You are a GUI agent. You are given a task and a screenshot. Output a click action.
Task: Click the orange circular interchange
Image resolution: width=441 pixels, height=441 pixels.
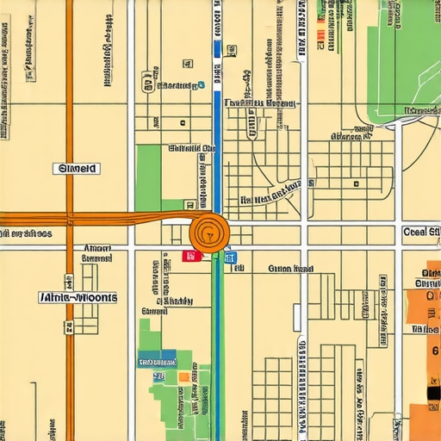tap(208, 232)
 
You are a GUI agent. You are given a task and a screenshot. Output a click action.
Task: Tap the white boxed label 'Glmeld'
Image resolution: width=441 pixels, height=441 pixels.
tap(77, 169)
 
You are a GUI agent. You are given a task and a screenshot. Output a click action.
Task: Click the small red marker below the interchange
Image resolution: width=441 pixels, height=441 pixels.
tap(192, 256)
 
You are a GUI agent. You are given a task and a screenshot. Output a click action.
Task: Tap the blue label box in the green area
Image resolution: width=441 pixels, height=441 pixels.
tap(157, 357)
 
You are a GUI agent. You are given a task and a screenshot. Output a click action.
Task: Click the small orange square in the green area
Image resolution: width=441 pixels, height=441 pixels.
tap(183, 376)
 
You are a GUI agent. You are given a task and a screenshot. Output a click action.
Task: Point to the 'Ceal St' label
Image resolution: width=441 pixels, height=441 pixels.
tap(421, 233)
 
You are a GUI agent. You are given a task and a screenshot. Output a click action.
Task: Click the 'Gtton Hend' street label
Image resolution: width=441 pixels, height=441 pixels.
tap(290, 269)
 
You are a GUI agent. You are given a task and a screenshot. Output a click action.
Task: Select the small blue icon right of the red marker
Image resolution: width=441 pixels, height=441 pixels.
tap(229, 257)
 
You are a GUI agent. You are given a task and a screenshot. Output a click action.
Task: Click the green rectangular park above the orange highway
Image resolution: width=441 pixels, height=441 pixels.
tap(148, 177)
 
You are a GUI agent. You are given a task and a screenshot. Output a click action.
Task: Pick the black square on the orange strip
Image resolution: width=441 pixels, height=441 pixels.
tap(433, 393)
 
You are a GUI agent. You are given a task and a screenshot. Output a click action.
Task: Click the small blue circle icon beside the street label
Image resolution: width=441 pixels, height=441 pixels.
tap(201, 85)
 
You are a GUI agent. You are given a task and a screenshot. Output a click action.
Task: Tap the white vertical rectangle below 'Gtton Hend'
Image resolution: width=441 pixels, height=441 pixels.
tap(297, 318)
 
